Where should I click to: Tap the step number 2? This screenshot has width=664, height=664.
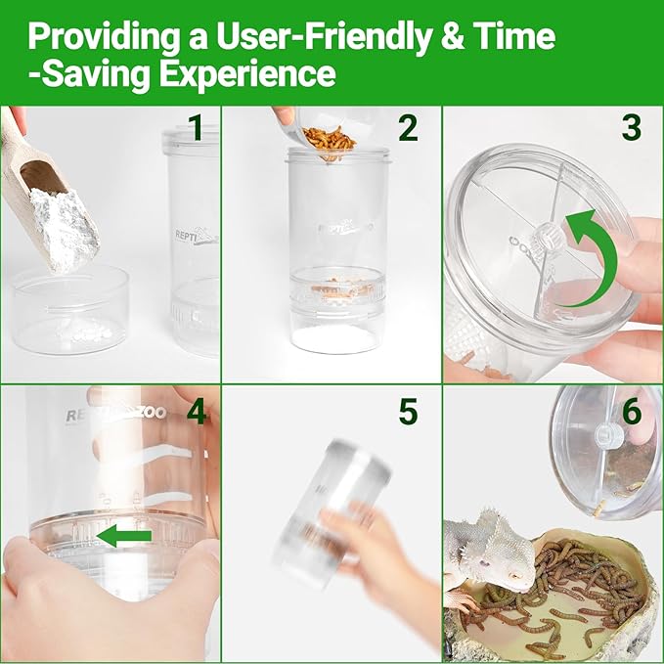coord(407,128)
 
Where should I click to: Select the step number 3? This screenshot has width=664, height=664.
coord(632,128)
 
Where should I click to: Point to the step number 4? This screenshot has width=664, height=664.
coord(196,411)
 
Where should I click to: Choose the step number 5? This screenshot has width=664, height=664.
coord(408,411)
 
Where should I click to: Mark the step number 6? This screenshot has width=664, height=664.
coord(632,411)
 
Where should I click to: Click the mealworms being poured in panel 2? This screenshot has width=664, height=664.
coord(328,138)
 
